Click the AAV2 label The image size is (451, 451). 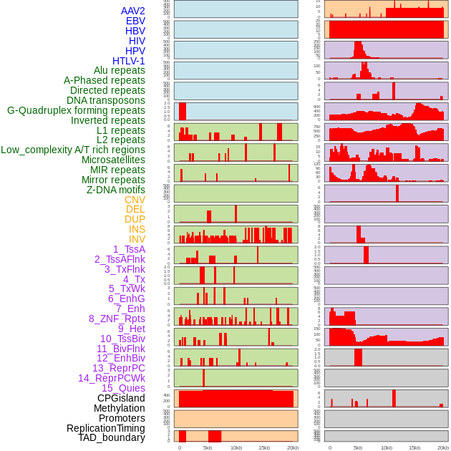coord(133,11)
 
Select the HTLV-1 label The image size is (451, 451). coord(129,61)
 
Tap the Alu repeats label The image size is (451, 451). coord(120,71)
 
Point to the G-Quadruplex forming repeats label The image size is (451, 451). coord(76,110)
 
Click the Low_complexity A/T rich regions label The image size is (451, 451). coord(73,150)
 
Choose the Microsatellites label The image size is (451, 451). coord(113,160)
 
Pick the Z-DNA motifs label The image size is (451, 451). coord(115,190)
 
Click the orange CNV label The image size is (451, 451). coord(135,200)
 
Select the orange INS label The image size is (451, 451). coord(137,229)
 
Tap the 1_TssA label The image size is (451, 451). coord(129,249)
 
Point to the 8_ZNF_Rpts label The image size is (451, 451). coord(117,319)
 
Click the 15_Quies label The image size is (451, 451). coord(123,388)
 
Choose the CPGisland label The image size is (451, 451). coord(121,398)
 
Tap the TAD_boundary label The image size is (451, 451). coord(112,437)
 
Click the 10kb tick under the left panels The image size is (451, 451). coord(236,448)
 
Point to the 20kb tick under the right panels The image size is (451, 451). coord(443,448)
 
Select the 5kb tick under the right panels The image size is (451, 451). coord(358,448)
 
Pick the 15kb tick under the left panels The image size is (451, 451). coord(264,448)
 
